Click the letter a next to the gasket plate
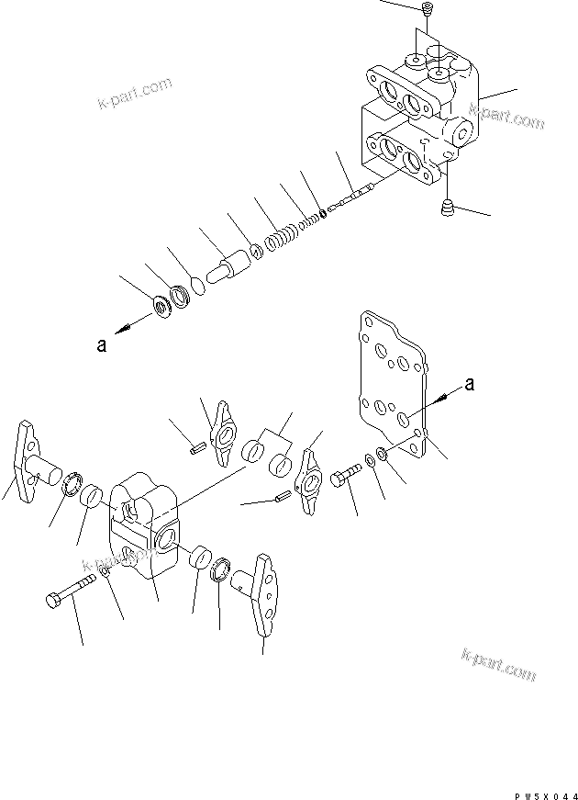(469, 387)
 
